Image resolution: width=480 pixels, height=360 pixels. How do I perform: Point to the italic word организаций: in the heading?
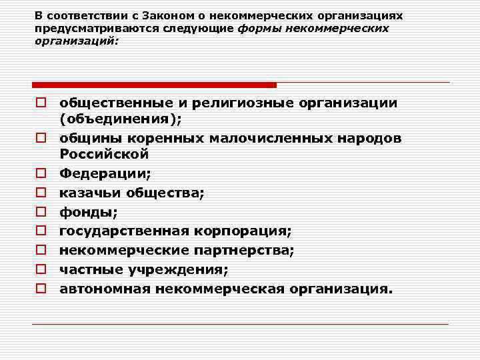click(76, 41)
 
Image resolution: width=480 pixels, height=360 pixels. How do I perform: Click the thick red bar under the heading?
click(154, 85)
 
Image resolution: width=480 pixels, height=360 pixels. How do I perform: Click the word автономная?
click(105, 289)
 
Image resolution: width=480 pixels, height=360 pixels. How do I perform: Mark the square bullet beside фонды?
click(41, 213)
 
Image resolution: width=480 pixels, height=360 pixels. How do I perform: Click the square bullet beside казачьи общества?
click(41, 193)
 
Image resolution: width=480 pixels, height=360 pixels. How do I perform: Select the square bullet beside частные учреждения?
click(41, 271)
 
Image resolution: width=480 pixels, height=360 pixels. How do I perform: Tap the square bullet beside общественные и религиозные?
click(41, 103)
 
